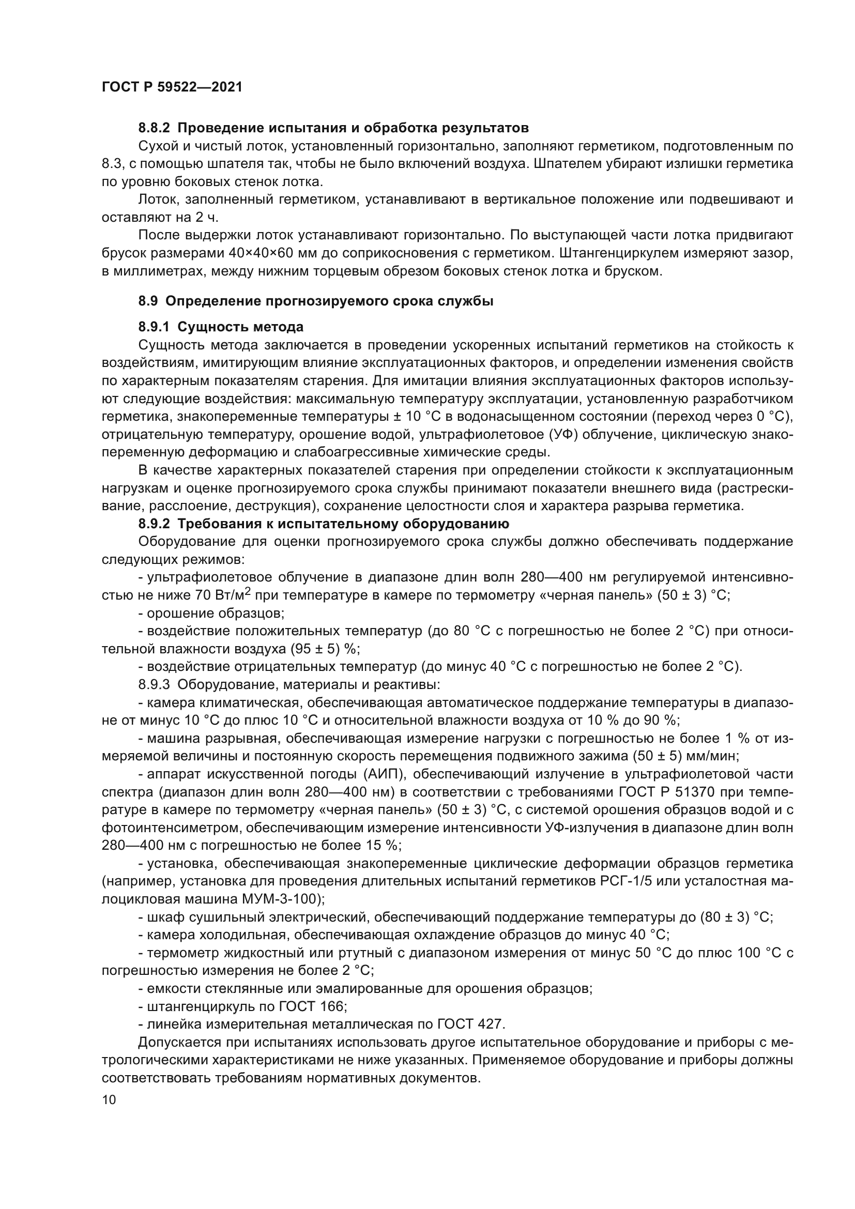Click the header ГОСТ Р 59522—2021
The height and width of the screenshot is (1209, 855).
pos(172,87)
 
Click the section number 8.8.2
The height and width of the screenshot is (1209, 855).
pos(154,128)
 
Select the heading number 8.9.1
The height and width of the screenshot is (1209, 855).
pos(154,327)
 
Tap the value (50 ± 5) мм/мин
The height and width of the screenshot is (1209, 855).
pos(685,757)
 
